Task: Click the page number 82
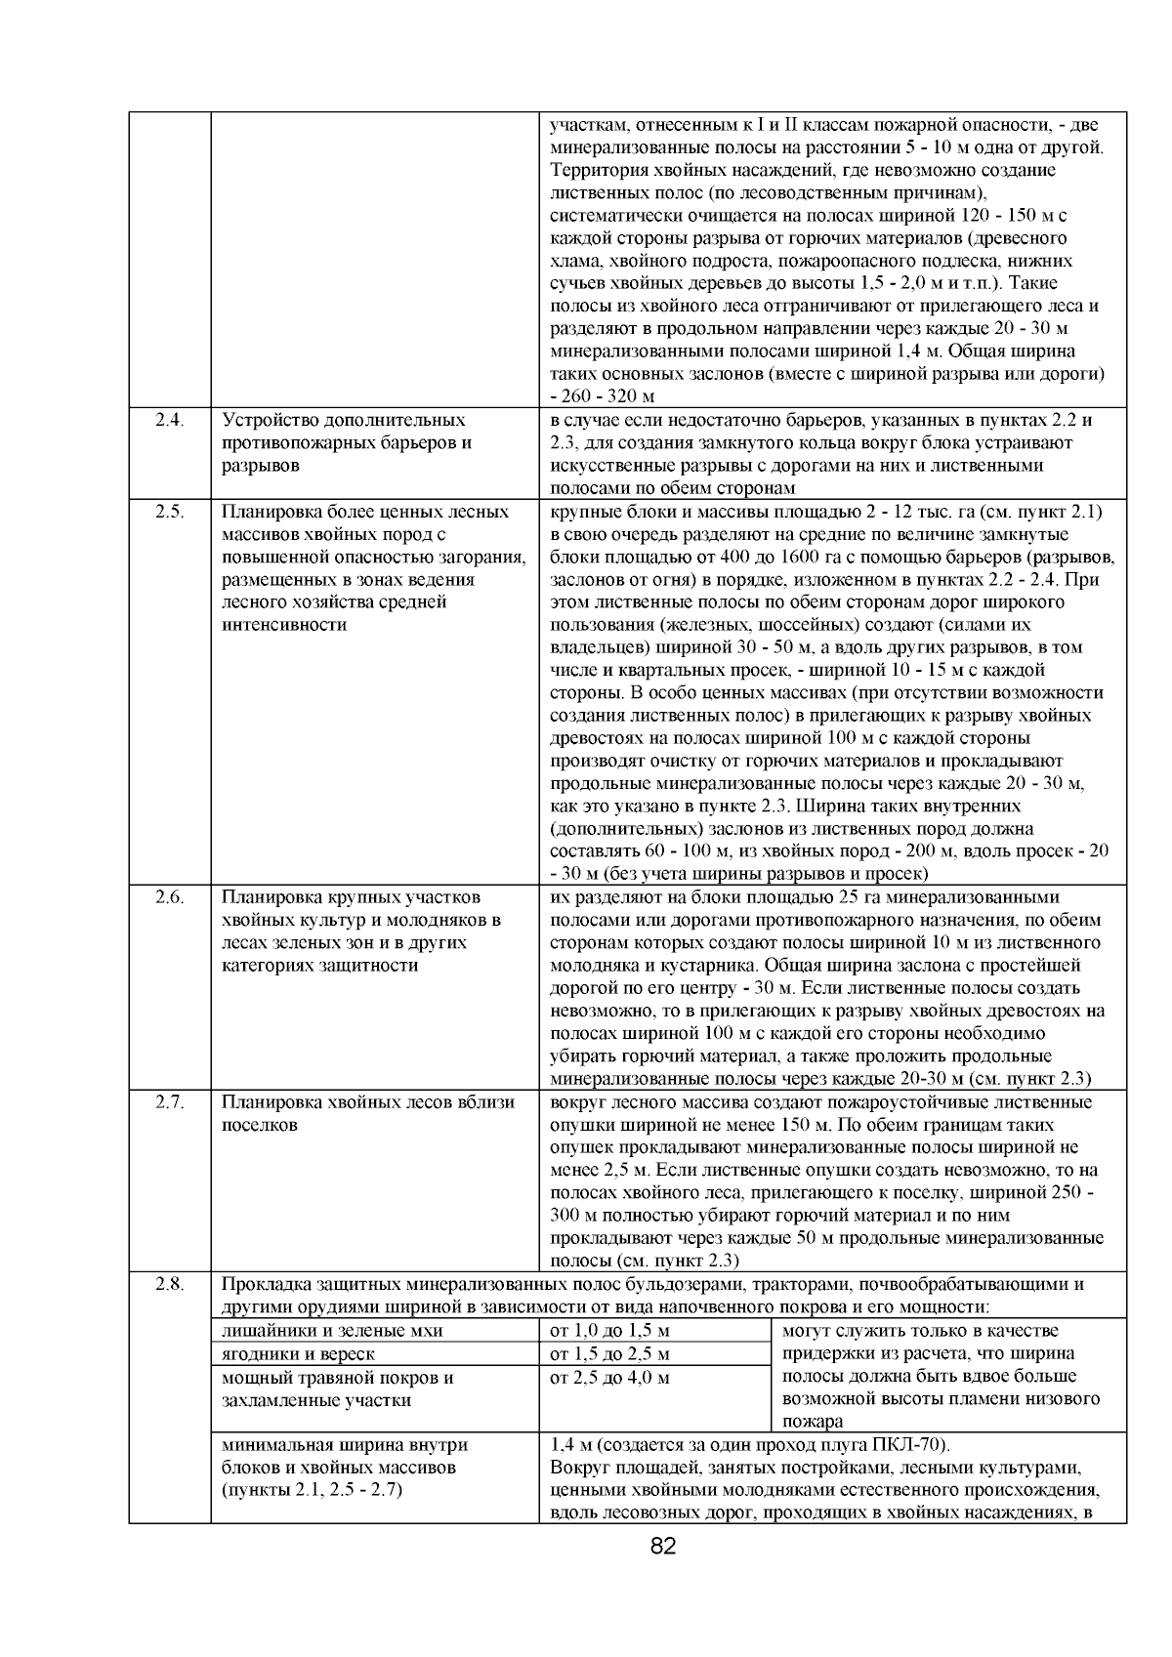[x=663, y=1546]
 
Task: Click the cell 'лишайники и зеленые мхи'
[x=332, y=1330]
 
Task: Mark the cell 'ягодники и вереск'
[x=299, y=1353]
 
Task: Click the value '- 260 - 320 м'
[x=602, y=396]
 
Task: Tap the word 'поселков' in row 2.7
[x=260, y=1125]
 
